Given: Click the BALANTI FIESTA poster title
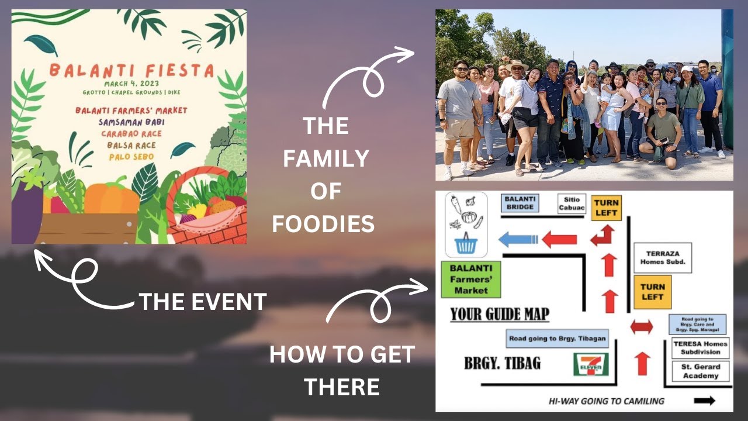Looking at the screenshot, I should coord(131,71).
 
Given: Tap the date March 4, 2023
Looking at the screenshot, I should coord(131,84).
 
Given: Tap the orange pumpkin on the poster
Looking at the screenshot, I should coord(111,198).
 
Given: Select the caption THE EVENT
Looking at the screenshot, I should coord(202,302).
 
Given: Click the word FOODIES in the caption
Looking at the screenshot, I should coord(323,224).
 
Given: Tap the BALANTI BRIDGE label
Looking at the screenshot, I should coord(520,203).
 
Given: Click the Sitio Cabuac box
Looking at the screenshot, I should coord(571,203).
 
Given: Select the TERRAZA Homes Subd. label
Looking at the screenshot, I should coord(662,258).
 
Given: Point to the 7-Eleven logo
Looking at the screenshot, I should coord(591,364).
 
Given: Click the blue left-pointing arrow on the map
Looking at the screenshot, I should coord(518,239).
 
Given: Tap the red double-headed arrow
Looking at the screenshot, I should coord(642,327).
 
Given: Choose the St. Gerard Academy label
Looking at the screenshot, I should coord(700,371).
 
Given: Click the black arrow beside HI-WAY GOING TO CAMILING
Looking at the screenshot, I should coord(705,401).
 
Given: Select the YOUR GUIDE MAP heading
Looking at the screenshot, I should coord(500,315).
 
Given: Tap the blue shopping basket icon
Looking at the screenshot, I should coord(466,244).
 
